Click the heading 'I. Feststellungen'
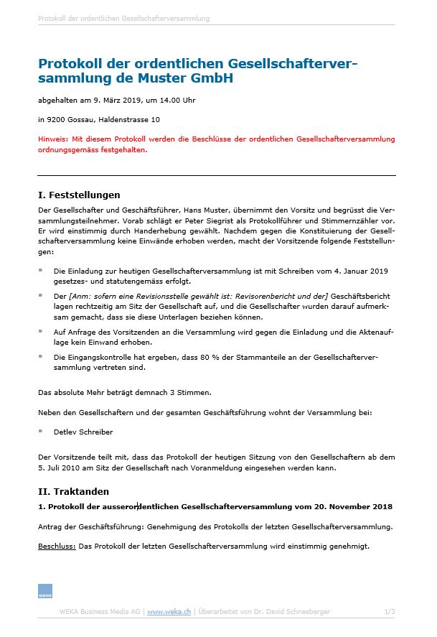click(x=79, y=195)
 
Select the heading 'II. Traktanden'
click(x=73, y=491)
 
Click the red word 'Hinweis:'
click(x=53, y=138)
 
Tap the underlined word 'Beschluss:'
click(x=57, y=547)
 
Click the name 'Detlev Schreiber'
click(x=83, y=432)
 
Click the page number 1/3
click(x=390, y=611)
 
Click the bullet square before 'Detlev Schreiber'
click(x=40, y=432)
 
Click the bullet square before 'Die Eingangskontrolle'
click(x=40, y=357)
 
